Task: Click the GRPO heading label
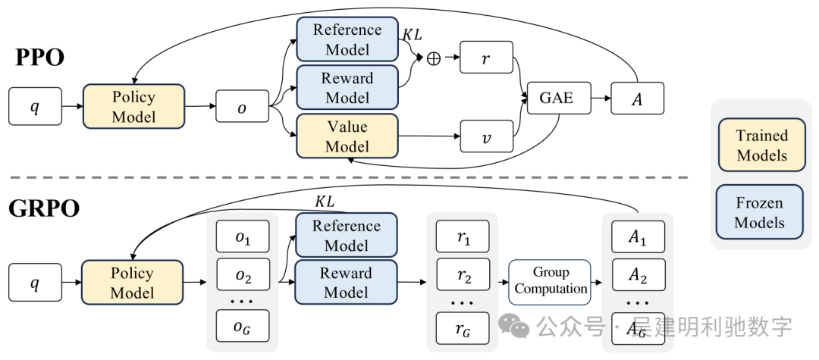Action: [x=44, y=208]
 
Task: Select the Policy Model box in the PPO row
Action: [x=133, y=107]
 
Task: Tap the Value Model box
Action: [x=347, y=136]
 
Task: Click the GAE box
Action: [x=555, y=99]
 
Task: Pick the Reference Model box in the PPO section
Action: [x=347, y=40]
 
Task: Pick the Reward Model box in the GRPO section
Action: [x=347, y=283]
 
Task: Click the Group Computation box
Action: [x=551, y=282]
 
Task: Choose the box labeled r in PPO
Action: [x=486, y=58]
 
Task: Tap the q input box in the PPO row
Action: [x=34, y=107]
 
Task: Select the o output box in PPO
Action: [x=243, y=108]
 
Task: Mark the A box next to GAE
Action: [x=637, y=99]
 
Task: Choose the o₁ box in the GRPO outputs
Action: [x=243, y=238]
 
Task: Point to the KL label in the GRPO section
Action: [x=325, y=202]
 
